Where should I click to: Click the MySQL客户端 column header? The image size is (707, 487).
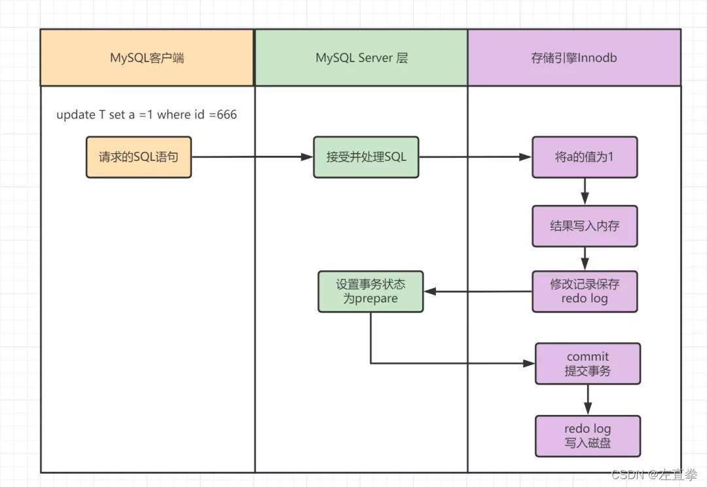coord(147,58)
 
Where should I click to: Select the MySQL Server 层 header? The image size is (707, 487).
coord(361,58)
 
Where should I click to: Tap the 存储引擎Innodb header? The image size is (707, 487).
coord(574,58)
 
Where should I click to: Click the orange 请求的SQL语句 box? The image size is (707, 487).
coord(139,157)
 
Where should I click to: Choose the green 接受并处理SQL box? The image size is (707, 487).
coord(366,157)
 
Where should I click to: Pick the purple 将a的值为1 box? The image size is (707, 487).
coord(585,157)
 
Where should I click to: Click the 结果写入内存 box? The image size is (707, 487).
coord(585,226)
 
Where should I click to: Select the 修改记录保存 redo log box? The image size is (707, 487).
coord(585,291)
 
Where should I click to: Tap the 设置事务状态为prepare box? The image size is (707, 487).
coord(371,291)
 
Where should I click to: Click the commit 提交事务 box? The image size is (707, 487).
coord(588,364)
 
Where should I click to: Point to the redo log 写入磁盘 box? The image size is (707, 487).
coord(588,436)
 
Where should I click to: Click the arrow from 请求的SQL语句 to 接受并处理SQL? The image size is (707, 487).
coord(252,157)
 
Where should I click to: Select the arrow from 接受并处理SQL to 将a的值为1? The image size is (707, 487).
coord(475,157)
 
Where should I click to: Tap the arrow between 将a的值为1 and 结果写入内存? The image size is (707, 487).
coord(585,191)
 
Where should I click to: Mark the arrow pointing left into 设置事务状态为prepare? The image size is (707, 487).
coord(477,292)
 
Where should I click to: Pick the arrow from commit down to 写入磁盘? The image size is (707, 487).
coord(588,399)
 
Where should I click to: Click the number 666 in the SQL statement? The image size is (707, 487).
coord(226,115)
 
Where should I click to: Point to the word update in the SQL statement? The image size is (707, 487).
coord(75,115)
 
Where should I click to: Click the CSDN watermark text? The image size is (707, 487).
coord(654,475)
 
